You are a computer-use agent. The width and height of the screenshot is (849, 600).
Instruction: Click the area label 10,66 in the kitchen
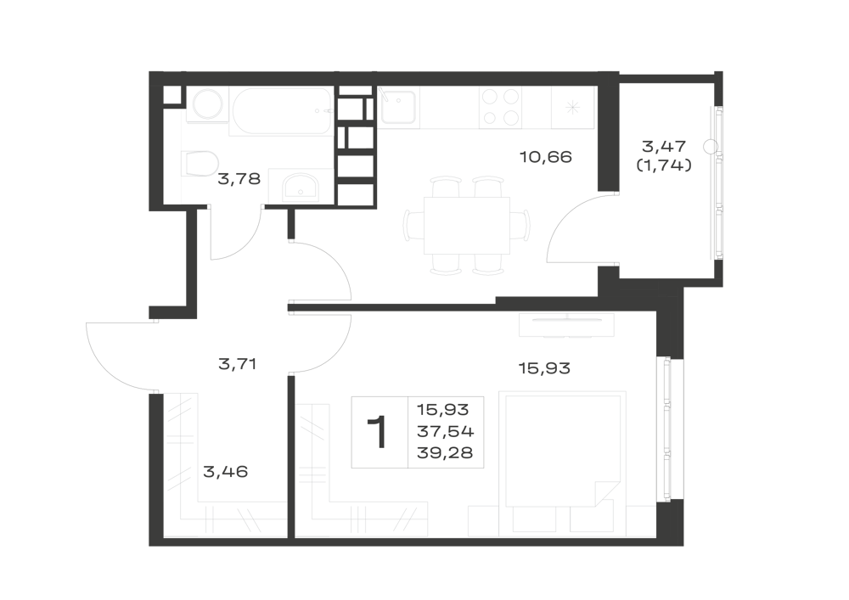click(545, 157)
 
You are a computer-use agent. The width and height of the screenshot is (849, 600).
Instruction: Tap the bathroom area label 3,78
click(239, 178)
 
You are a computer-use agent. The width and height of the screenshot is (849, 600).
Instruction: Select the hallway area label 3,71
click(237, 364)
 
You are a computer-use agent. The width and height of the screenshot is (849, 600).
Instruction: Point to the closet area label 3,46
click(225, 472)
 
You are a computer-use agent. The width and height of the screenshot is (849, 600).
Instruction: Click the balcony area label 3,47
click(664, 146)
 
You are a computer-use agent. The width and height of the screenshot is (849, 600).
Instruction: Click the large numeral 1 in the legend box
click(378, 432)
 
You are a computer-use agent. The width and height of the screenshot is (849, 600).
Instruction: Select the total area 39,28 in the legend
click(445, 452)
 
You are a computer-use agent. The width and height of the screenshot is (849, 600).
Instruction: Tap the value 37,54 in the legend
click(445, 431)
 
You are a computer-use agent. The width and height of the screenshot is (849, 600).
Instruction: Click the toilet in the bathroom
click(200, 163)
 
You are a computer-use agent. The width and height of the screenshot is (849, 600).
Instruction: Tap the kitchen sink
click(398, 107)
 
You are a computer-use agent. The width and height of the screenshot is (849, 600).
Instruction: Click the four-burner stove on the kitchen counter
click(500, 107)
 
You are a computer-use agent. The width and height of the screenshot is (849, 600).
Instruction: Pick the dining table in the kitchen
click(466, 225)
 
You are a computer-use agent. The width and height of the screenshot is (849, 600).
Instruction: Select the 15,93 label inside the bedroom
click(544, 368)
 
